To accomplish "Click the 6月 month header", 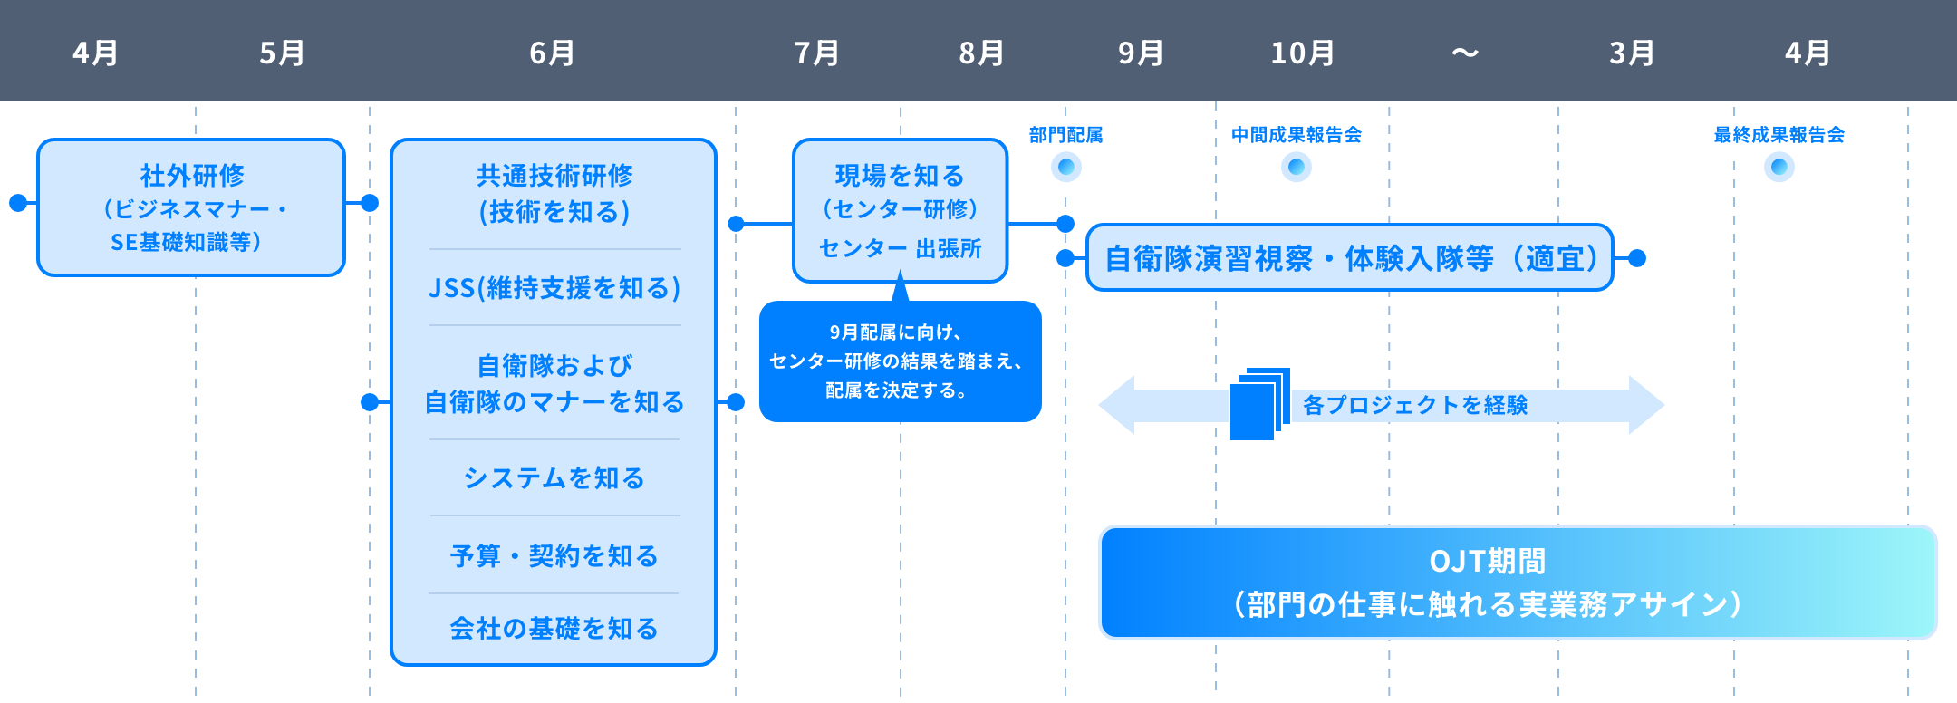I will click(x=552, y=53).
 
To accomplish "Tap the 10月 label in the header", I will click(x=1302, y=53).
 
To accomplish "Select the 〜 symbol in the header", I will click(x=1464, y=53).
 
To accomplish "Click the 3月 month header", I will click(x=1632, y=53).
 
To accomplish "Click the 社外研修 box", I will click(x=191, y=207).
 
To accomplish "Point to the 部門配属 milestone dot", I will click(x=1066, y=167).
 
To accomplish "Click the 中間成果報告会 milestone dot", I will click(x=1297, y=167).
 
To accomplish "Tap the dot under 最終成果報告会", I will click(x=1779, y=167).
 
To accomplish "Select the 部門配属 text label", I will click(x=1066, y=135).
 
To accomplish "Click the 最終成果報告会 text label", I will click(x=1779, y=135).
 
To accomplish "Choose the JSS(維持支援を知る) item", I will click(x=554, y=288).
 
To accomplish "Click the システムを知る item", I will click(x=554, y=477).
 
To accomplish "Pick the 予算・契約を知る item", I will click(x=554, y=555).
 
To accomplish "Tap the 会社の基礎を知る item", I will click(x=554, y=628).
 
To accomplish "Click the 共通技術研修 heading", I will click(x=554, y=176).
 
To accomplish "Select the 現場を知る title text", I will click(x=900, y=176).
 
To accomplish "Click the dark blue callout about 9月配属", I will click(x=900, y=361).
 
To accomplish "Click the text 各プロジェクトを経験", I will click(x=1415, y=405).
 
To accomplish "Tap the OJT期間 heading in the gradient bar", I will click(x=1487, y=562).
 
